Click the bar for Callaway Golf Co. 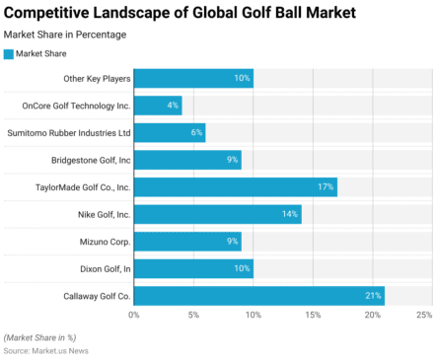tap(258, 295)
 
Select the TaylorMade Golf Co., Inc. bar tap(235, 187)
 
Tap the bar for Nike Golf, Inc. tap(217, 214)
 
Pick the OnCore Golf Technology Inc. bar tap(158, 106)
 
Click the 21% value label tap(372, 295)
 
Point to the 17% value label tap(325, 187)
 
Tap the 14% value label tap(289, 214)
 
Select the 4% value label tap(173, 106)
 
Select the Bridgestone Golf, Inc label tap(91, 160)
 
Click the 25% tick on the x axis tap(424, 316)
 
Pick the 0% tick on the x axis tap(134, 316)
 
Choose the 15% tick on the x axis tap(313, 316)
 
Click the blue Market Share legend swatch tap(10, 53)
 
